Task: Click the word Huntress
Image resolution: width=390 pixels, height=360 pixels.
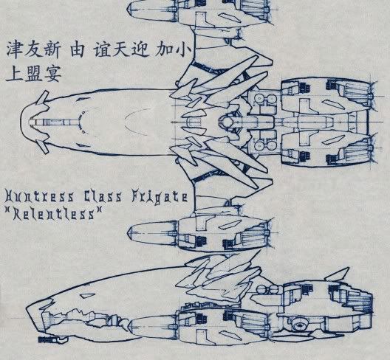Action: (x=40, y=196)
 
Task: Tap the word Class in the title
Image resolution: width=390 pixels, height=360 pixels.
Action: (x=102, y=196)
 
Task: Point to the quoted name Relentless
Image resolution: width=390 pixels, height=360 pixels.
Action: (x=53, y=214)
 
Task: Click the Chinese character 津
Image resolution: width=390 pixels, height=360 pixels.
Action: (x=14, y=50)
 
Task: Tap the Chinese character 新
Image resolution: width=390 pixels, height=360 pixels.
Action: (x=52, y=50)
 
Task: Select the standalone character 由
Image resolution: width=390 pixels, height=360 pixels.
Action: (x=77, y=50)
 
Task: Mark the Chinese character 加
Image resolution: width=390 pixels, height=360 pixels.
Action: (x=165, y=50)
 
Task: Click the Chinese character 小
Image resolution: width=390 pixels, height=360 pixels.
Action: (x=183, y=50)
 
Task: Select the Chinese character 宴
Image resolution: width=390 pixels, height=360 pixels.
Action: (x=52, y=74)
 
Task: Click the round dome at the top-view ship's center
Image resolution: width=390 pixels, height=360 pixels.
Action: (x=227, y=122)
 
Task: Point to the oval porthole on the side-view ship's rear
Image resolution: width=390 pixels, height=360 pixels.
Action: (x=299, y=325)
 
